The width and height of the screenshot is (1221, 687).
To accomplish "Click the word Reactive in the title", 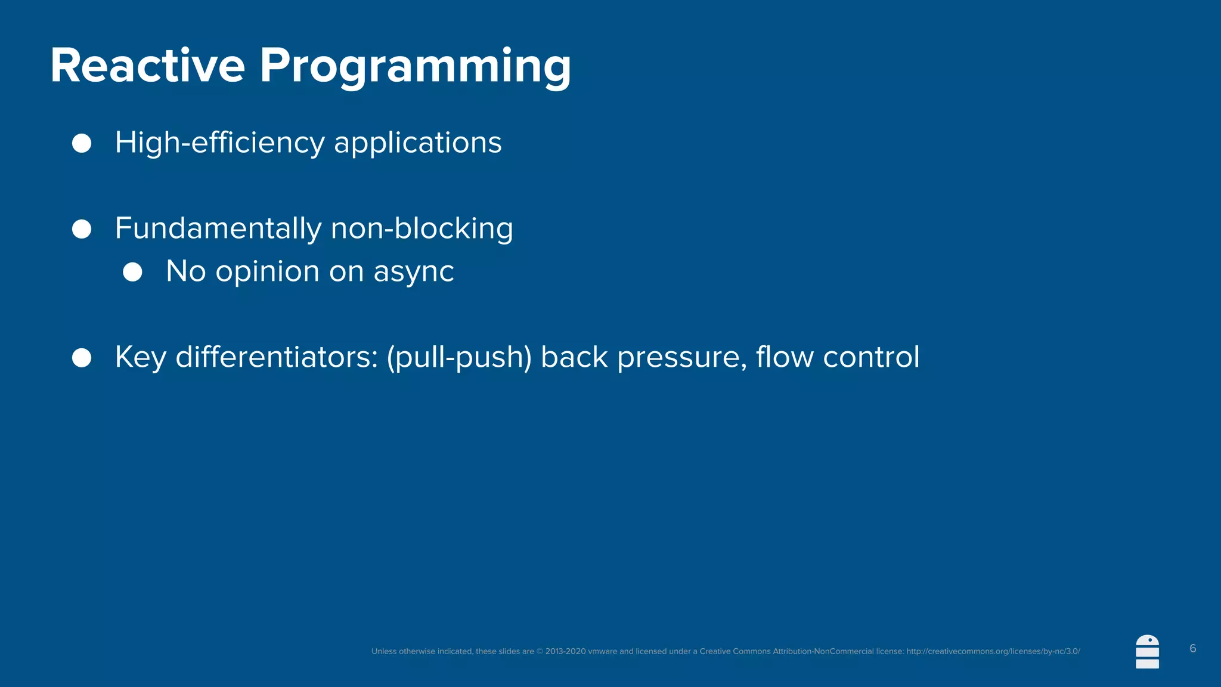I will (147, 66).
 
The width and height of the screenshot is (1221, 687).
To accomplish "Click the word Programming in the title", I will (415, 67).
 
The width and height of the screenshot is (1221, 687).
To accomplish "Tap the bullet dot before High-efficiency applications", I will (82, 143).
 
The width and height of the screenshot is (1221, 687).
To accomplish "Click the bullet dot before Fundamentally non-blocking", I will (82, 229).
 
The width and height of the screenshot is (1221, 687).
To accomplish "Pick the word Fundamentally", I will (218, 229).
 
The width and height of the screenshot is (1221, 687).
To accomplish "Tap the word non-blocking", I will (422, 229).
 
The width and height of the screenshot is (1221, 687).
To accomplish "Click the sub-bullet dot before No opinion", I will (132, 272).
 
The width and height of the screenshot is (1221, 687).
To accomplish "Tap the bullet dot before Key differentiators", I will (82, 358).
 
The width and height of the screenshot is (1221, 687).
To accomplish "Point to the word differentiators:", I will (277, 357).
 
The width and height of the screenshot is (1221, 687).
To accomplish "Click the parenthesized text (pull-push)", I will (459, 358).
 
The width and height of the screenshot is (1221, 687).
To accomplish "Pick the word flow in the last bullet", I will (784, 357).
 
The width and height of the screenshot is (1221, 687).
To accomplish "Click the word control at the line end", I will (871, 357).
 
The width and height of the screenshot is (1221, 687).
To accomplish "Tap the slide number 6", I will (1192, 648).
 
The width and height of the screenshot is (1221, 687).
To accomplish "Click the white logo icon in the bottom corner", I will (1147, 652).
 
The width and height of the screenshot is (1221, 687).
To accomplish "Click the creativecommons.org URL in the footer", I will (993, 651).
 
